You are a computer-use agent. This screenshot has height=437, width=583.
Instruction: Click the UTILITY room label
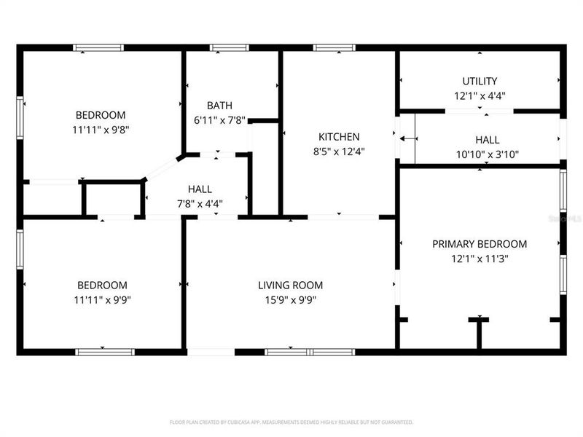pyautogui.click(x=480, y=81)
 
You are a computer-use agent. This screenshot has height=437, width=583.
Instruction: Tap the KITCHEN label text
pyautogui.click(x=339, y=137)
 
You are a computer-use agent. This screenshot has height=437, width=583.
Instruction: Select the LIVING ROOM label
pyautogui.click(x=290, y=286)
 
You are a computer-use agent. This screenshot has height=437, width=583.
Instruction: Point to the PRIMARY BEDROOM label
pyautogui.click(x=480, y=244)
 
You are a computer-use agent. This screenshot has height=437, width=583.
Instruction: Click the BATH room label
pyautogui.click(x=219, y=106)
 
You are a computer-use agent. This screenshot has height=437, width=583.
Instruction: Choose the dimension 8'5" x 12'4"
pyautogui.click(x=339, y=151)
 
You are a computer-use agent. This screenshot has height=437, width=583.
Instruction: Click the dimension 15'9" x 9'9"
pyautogui.click(x=290, y=299)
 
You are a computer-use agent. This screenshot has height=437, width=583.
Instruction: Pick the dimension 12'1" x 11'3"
pyautogui.click(x=480, y=259)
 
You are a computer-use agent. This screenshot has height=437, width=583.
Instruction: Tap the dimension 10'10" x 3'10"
pyautogui.click(x=488, y=154)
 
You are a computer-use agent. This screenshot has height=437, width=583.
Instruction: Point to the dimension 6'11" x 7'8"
pyautogui.click(x=219, y=120)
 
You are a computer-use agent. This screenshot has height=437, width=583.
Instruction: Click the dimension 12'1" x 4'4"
pyautogui.click(x=480, y=95)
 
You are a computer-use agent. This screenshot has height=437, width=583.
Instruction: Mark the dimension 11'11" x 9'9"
pyautogui.click(x=102, y=299)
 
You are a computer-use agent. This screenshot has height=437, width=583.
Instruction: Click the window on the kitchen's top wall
pyautogui.click(x=334, y=48)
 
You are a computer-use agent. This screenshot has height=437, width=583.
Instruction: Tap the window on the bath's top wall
pyautogui.click(x=230, y=48)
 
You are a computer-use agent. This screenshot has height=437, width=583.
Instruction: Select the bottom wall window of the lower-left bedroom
pyautogui.click(x=105, y=352)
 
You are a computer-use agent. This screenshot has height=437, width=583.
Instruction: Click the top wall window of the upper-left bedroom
pyautogui.click(x=98, y=48)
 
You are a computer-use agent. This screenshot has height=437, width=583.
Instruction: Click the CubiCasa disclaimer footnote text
pyautogui.click(x=291, y=422)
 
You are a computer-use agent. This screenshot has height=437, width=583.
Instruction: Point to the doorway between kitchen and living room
pyautogui.click(x=343, y=217)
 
